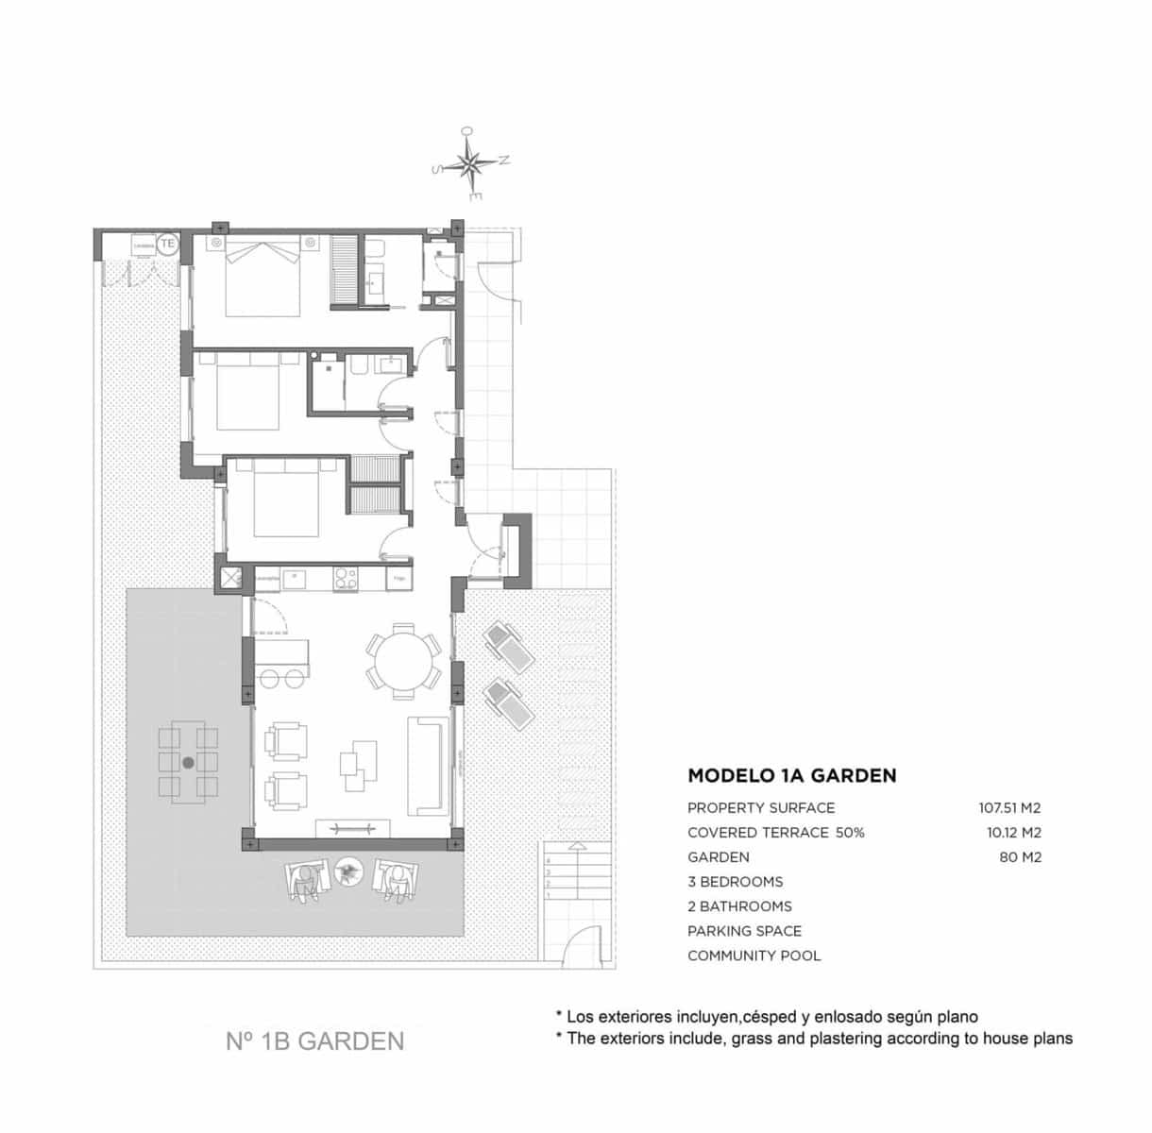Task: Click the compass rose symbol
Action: coord(470,165)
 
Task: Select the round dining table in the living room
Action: coord(403,660)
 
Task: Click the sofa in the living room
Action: coord(430,766)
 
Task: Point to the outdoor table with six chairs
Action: coord(188,762)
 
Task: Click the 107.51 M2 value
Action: coord(1009,808)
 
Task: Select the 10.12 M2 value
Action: coord(1011,833)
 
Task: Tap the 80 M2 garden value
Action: coord(1020,857)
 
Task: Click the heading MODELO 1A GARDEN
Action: coord(791,776)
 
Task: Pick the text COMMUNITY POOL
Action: coord(754,955)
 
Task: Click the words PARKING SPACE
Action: coord(745,931)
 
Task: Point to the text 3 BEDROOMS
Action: coord(735,882)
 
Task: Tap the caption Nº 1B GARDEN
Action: coord(314,1041)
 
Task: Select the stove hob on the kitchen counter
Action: coord(345,578)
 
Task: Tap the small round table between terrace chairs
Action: coord(349,871)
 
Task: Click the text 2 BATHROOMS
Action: coord(739,906)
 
